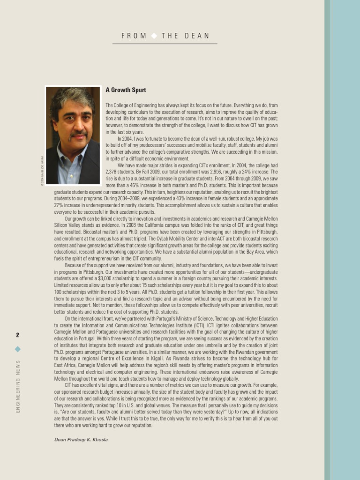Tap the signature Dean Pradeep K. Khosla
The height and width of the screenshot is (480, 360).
pyautogui.click(x=81, y=440)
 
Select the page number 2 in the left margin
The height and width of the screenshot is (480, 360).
pyautogui.click(x=17, y=335)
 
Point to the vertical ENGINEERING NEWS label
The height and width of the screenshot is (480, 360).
pyautogui.click(x=18, y=387)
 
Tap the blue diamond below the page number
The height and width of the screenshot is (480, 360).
pyautogui.click(x=17, y=349)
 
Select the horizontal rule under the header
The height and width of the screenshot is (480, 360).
pyautogui.click(x=165, y=44)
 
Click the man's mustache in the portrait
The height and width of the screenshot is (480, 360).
pyautogui.click(x=78, y=136)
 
